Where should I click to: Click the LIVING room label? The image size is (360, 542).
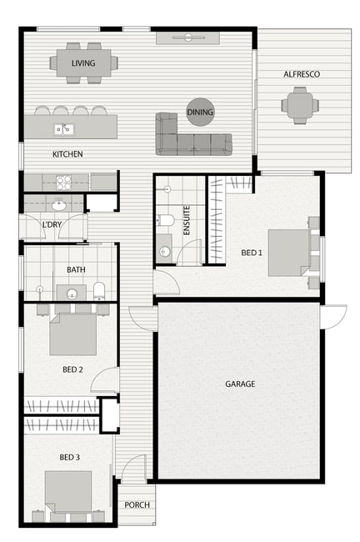83,63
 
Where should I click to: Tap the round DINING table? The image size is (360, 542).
200,112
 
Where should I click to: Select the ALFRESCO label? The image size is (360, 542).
302,74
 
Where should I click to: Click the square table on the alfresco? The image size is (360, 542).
300,105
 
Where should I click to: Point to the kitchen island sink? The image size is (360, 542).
64,129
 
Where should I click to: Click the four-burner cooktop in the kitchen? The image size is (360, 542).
63,183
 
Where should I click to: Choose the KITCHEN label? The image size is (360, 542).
67,154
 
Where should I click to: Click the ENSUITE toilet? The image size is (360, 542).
166,220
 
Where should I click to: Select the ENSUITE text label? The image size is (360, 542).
187,220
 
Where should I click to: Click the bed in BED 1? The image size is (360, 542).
289,253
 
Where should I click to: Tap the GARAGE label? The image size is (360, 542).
240,384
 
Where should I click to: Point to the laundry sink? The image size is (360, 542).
58,205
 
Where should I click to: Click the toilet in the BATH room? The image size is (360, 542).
99,291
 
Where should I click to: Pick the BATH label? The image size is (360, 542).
76,269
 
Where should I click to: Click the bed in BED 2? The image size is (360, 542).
72,334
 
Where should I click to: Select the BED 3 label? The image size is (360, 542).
69,457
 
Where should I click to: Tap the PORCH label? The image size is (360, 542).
137,505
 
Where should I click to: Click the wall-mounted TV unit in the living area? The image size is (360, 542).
188,38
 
